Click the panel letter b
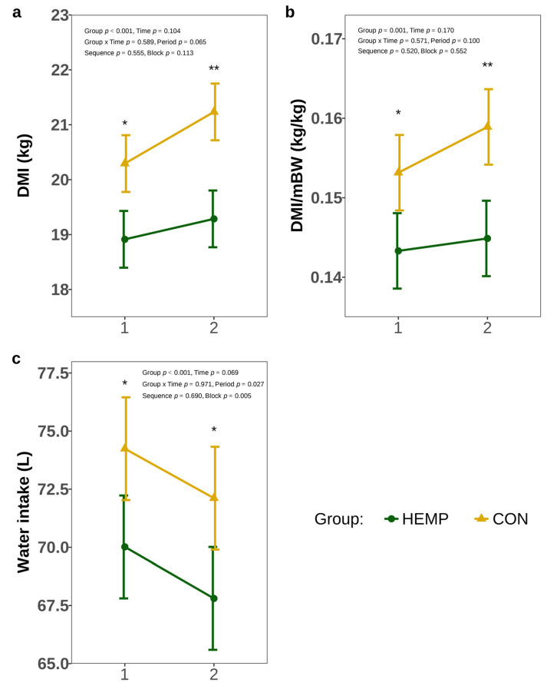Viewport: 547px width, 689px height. tap(290, 12)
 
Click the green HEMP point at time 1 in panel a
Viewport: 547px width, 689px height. tap(124, 239)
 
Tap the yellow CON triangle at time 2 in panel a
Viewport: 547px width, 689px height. tap(214, 111)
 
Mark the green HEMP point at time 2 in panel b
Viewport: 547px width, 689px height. tap(486, 238)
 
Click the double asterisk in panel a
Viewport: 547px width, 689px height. tap(214, 70)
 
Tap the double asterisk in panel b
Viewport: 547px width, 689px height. tap(487, 66)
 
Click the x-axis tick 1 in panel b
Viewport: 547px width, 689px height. tap(397, 329)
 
